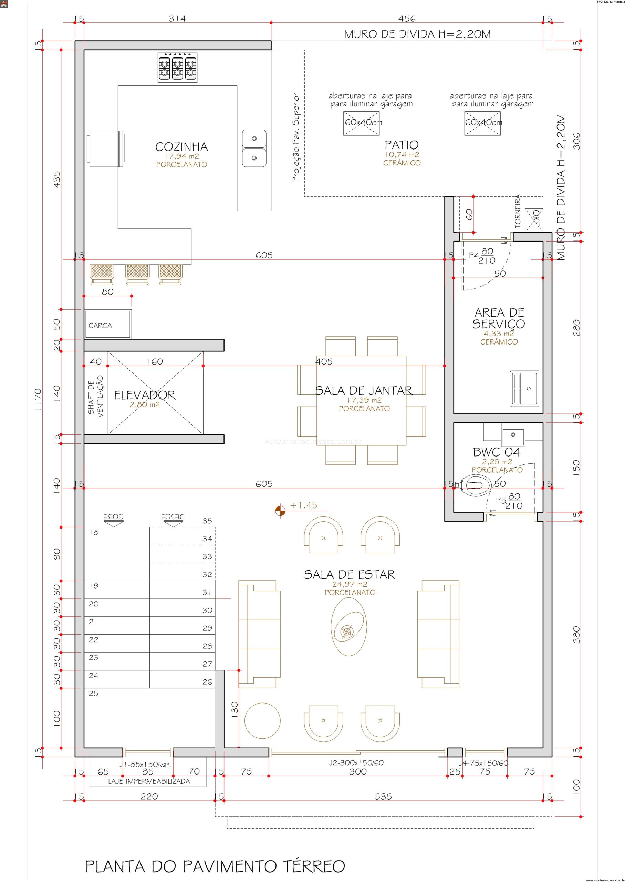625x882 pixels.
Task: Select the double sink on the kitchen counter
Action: click(254, 148)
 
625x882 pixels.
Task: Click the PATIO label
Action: click(402, 145)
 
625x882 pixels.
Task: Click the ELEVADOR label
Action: click(145, 395)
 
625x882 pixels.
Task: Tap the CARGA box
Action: click(108, 324)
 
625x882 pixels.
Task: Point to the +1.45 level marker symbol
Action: click(280, 511)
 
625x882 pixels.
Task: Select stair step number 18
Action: click(94, 532)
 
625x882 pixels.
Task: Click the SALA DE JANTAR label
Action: click(364, 391)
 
